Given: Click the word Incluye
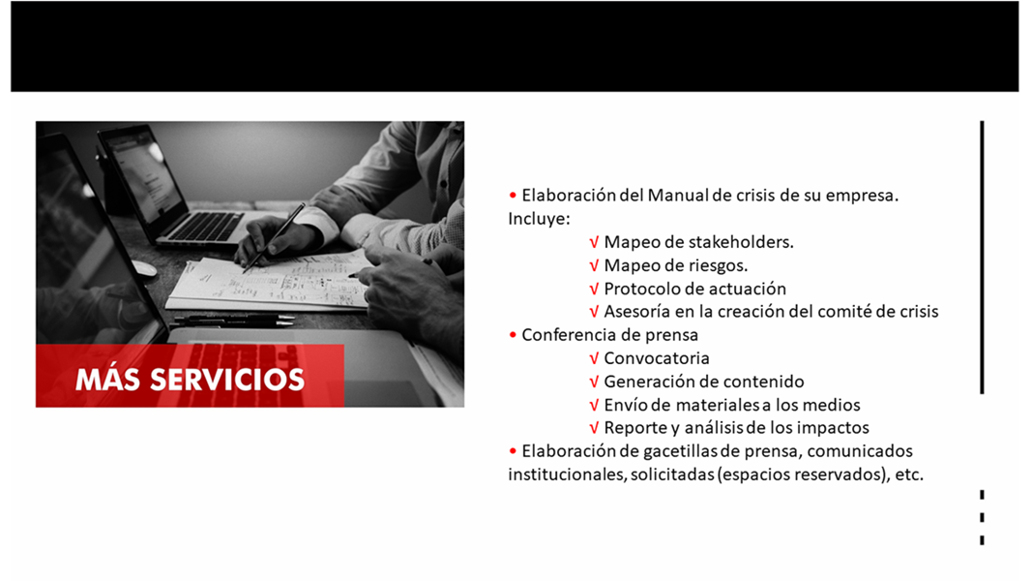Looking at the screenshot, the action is click(539, 220).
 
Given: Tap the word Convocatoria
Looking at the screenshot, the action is click(657, 358).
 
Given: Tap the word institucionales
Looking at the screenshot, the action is click(567, 474).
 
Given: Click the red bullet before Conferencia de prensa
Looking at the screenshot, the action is click(513, 335).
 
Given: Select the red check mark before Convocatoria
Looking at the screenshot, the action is click(594, 359).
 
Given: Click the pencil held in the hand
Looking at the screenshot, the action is click(274, 238).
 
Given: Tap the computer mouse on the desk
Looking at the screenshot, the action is click(144, 268).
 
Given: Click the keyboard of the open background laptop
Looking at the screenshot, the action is click(205, 226).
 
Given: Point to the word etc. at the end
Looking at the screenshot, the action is click(909, 474).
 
